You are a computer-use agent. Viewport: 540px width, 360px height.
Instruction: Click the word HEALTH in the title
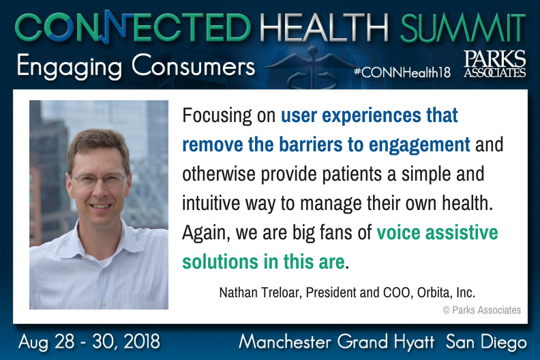tap(324, 28)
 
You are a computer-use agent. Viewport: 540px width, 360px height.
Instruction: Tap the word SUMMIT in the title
tap(463, 28)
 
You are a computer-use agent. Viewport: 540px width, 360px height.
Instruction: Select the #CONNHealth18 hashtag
tap(402, 72)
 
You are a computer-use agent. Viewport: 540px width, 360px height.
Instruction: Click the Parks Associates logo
tap(494, 63)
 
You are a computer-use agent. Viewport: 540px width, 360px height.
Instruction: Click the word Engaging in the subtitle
tap(70, 67)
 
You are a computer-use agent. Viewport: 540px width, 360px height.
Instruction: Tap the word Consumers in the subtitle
tap(193, 65)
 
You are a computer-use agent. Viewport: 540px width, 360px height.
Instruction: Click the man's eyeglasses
tap(98, 180)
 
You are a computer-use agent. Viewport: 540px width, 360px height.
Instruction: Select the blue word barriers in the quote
tap(311, 145)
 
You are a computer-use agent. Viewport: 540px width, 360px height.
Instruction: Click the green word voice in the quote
tap(398, 232)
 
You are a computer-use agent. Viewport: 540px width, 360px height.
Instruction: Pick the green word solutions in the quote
tap(220, 261)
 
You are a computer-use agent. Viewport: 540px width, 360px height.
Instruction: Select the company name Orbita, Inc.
tap(447, 292)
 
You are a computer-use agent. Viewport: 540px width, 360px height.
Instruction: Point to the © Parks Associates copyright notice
tap(482, 310)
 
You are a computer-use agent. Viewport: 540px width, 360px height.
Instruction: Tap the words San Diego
tap(486, 342)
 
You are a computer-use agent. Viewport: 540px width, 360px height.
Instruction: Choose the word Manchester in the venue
tap(285, 342)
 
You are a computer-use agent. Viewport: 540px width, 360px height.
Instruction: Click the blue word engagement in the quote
tap(419, 145)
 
